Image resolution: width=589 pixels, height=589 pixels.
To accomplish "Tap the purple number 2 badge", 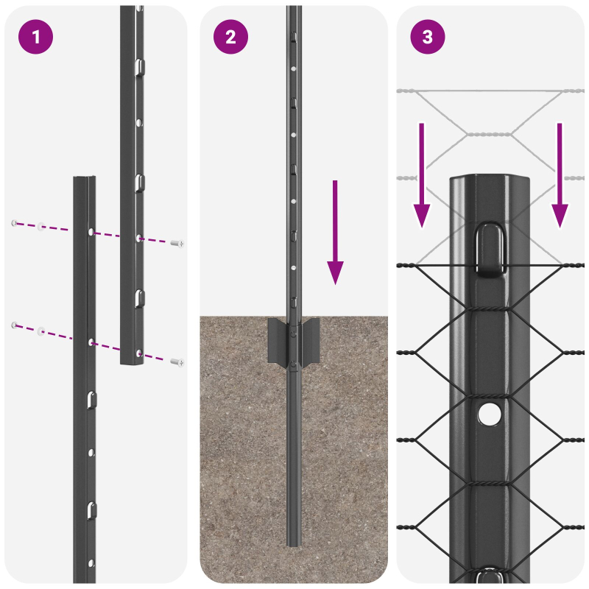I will [x=231, y=37].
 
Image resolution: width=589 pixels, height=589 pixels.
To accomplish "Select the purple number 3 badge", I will [x=428, y=37].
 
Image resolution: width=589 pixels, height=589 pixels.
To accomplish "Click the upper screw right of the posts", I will [x=177, y=243].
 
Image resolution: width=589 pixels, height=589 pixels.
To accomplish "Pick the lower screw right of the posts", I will [x=177, y=361].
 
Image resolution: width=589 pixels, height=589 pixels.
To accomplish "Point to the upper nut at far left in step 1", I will [x=13, y=223].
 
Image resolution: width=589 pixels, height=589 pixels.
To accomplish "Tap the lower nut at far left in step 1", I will [x=13, y=325].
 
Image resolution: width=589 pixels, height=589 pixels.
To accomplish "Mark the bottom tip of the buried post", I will [x=294, y=543].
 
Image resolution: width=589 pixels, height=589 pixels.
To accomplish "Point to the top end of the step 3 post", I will [x=490, y=180].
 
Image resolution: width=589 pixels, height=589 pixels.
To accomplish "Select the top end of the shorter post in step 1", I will [x=83, y=179].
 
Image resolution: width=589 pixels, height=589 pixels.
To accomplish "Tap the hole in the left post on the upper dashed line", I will [x=91, y=232].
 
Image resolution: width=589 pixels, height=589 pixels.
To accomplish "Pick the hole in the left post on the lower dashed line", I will [x=91, y=342].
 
